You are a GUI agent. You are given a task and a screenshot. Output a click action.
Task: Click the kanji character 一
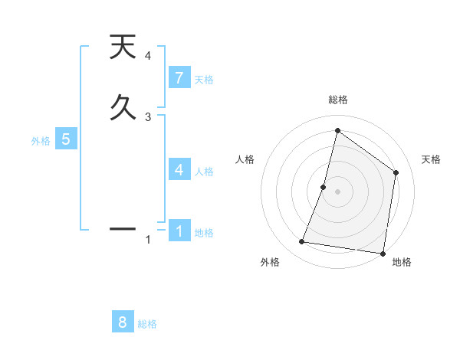coord(123,228)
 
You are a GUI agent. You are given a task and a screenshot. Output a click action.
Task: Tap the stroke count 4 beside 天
coord(147,56)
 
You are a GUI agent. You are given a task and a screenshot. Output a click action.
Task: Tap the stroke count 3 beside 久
coord(147,116)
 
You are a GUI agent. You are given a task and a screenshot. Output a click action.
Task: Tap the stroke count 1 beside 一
coord(147,240)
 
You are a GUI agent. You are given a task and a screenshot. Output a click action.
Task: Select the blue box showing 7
coord(179,78)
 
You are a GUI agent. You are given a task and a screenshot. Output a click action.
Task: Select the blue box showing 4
coord(179,170)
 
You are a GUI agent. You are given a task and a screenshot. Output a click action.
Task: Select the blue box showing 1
coord(179,231)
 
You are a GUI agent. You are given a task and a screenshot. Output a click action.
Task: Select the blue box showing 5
coord(66,139)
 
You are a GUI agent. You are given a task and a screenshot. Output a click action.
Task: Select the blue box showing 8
coord(123,322)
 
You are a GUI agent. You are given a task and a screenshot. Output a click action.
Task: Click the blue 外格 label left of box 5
coord(41,141)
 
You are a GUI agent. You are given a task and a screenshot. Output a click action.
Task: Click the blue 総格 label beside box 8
coord(147,324)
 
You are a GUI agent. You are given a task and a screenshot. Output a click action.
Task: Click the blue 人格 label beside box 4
coord(204,172)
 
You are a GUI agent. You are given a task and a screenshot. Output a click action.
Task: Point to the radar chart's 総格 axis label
coord(338,100)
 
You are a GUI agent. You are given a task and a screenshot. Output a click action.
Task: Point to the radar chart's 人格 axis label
coord(245,159)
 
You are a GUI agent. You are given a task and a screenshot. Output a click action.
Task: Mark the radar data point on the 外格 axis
coord(302,242)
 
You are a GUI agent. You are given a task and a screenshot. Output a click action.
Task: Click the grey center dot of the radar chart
coord(338,191)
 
